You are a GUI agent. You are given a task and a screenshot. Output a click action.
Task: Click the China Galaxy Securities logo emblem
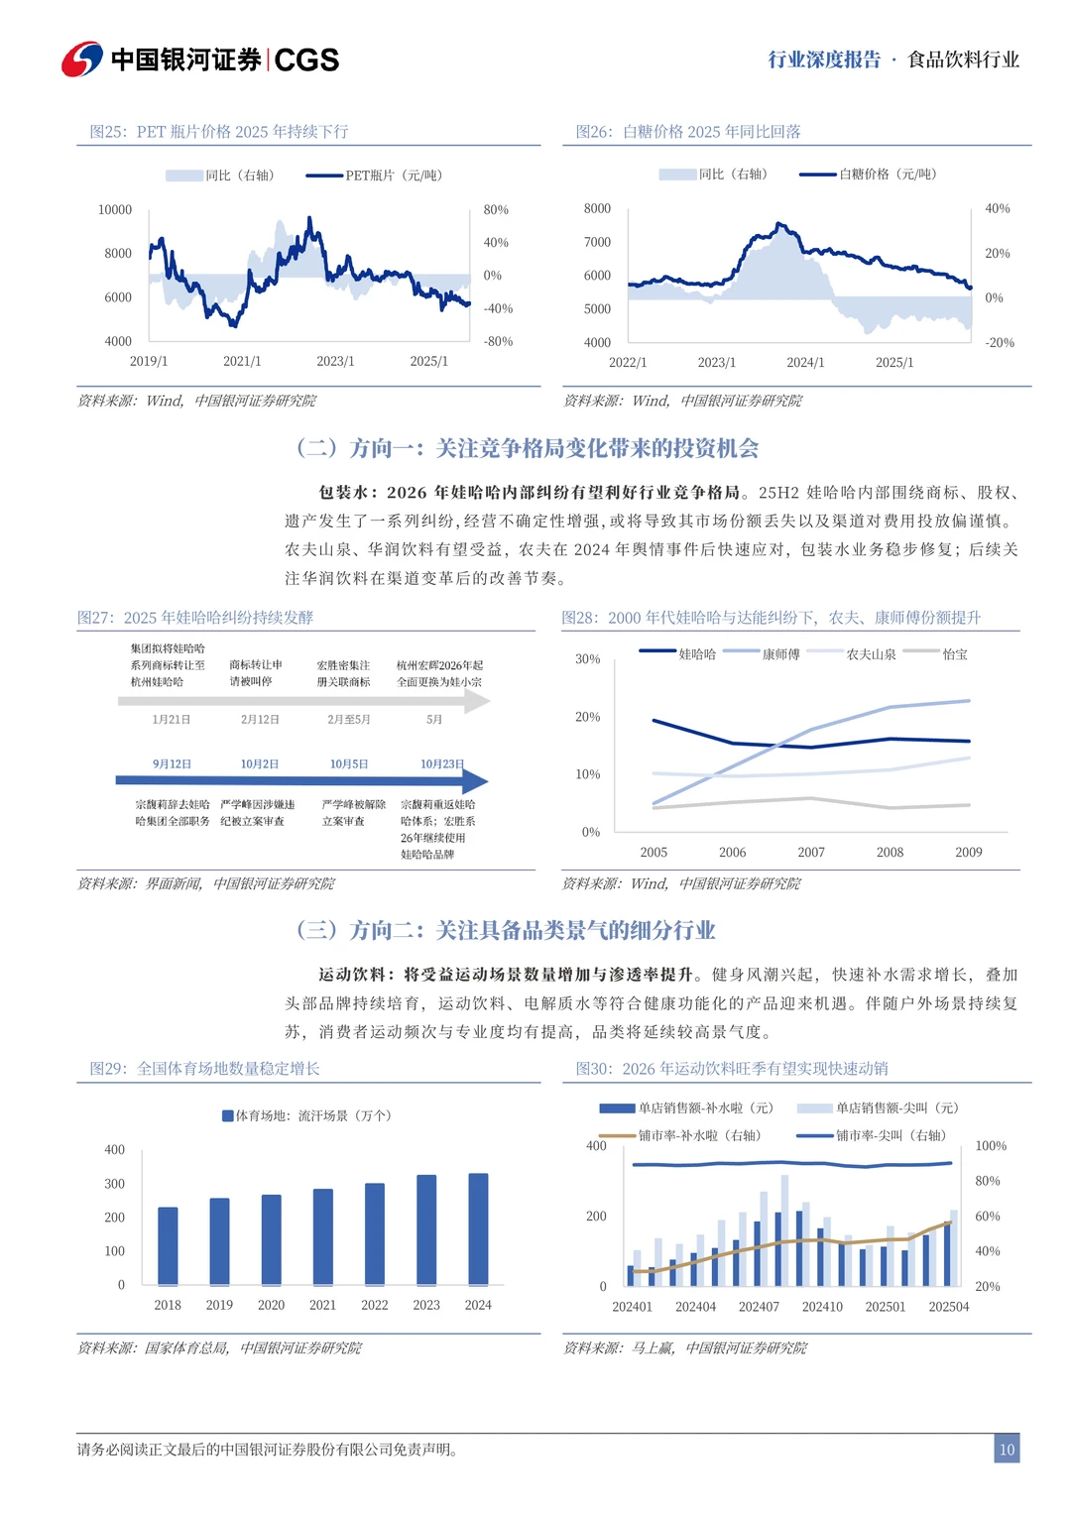82,59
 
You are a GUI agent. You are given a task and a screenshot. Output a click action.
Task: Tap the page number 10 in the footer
1007,1449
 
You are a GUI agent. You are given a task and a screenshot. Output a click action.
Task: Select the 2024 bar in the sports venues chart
478,1229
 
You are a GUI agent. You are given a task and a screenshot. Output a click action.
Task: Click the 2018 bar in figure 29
168,1246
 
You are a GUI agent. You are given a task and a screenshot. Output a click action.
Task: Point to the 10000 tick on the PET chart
115,210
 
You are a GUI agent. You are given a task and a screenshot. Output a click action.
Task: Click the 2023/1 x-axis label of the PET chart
335,362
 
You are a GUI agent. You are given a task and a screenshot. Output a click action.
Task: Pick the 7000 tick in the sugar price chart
597,242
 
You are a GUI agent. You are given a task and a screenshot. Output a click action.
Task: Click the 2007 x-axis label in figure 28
811,853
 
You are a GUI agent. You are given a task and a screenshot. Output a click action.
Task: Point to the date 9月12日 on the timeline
172,764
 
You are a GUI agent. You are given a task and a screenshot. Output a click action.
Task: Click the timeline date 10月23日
441,764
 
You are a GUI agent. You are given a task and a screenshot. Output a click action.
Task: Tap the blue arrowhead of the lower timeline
476,781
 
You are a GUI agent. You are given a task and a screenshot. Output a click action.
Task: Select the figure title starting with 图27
195,618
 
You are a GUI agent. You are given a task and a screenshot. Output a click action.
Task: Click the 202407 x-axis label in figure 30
759,1307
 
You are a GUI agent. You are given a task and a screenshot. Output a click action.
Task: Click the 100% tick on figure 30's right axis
991,1146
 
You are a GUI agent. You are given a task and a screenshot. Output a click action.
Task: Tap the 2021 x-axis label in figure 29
322,1306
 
